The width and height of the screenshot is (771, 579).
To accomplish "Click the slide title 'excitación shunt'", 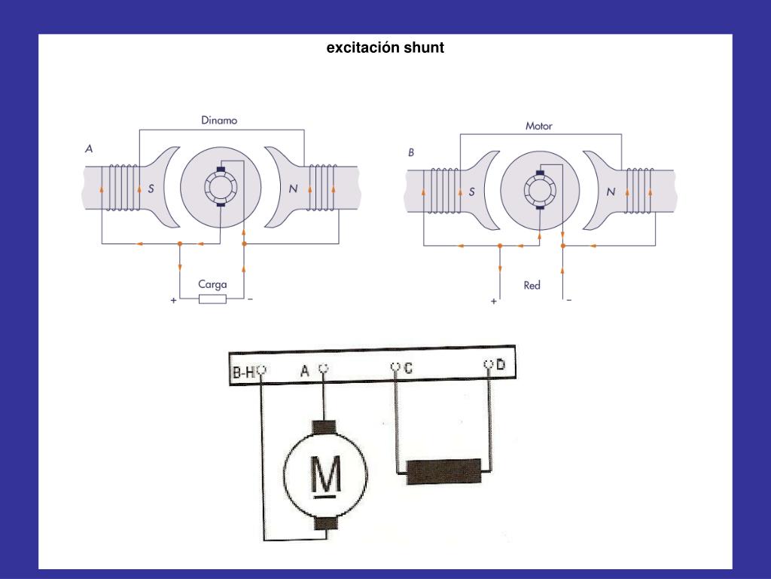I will click(x=385, y=47).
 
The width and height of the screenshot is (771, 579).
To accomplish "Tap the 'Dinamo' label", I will click(x=219, y=120).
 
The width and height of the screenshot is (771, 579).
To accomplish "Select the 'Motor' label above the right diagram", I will click(x=538, y=126).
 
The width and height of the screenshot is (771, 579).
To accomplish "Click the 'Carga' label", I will click(x=212, y=284).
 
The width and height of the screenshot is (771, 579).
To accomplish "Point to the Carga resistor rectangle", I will click(x=212, y=300).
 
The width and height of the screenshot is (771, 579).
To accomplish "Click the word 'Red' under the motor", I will click(x=532, y=285).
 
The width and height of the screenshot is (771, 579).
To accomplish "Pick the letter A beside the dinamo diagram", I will click(x=89, y=149).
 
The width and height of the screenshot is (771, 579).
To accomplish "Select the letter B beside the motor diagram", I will click(x=411, y=152).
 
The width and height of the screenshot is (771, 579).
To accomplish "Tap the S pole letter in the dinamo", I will click(x=151, y=189).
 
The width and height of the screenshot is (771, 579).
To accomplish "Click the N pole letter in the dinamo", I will click(x=293, y=189).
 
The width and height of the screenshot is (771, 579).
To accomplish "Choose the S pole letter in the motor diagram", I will click(x=472, y=192).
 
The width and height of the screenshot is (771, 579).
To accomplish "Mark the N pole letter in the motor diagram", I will click(x=611, y=192).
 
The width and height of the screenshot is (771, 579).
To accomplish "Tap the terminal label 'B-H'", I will click(x=242, y=372).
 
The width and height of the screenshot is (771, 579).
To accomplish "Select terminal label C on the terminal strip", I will click(x=408, y=368).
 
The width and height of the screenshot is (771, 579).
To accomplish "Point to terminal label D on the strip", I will click(x=501, y=366).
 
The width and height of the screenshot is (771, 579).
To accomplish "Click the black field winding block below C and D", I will click(x=443, y=471).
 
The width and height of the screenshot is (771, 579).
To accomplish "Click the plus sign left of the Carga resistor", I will click(x=174, y=300).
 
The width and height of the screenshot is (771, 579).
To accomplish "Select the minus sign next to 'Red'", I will click(x=569, y=300).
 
